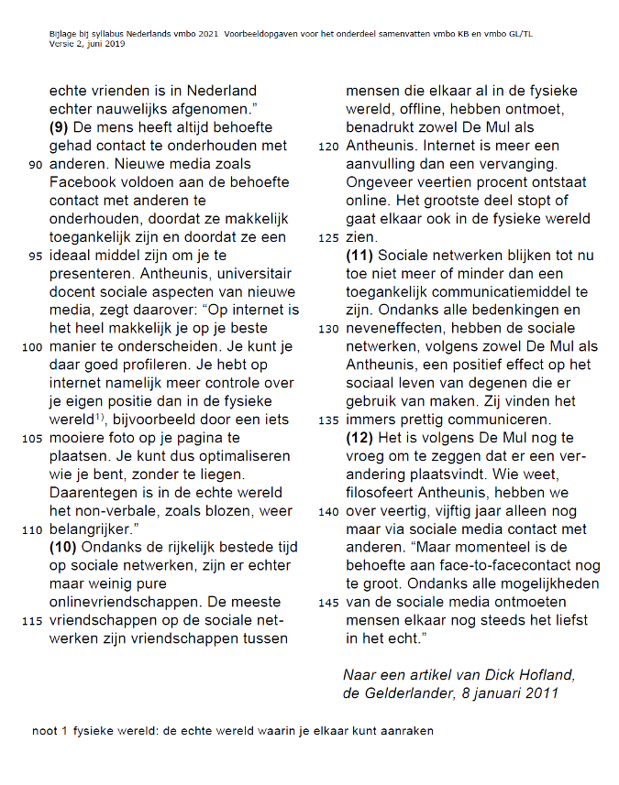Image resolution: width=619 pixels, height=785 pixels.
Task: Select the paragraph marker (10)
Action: click(x=64, y=548)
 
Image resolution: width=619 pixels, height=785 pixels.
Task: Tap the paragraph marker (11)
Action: click(x=359, y=256)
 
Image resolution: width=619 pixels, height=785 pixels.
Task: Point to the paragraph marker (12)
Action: click(x=359, y=438)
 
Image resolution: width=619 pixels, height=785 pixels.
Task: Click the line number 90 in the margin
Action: click(x=36, y=165)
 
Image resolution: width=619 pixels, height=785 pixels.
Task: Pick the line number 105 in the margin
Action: click(x=32, y=439)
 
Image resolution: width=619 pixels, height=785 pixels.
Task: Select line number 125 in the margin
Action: click(x=328, y=237)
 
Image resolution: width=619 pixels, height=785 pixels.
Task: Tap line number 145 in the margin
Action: click(x=328, y=603)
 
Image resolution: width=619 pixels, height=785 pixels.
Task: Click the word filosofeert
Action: click(x=387, y=493)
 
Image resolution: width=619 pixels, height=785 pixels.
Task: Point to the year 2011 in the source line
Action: click(x=539, y=693)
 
